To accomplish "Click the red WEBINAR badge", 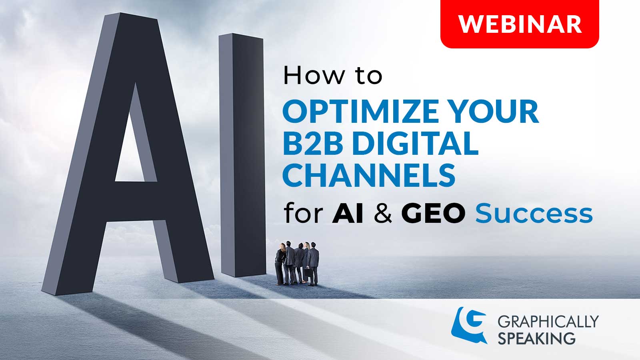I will pos(520,24).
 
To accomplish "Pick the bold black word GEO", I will pos(433,214).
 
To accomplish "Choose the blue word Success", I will pos(534,214).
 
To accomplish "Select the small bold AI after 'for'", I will pos(348,214).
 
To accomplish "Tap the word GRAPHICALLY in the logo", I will pos(548,321).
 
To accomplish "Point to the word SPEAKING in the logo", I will pos(536,338).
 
